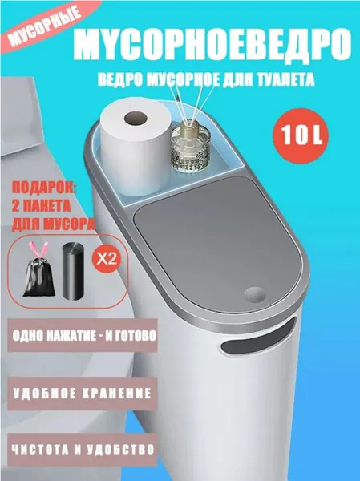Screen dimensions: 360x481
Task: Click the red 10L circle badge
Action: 301,135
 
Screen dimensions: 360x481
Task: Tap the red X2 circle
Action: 106,259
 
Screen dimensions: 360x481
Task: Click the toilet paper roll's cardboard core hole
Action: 136,118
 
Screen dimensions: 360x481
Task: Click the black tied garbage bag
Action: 38,277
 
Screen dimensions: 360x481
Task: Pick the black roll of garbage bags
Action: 73,271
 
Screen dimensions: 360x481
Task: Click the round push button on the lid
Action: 255,294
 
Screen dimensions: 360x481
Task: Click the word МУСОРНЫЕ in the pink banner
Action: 45,28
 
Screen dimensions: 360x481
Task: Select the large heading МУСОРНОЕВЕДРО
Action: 212,44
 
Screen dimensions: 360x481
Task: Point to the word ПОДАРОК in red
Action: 44,188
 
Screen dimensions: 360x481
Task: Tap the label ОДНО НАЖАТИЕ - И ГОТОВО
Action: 84,336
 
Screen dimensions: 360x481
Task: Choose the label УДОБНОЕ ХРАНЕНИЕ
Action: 83,394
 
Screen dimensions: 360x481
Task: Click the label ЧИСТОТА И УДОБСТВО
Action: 83,450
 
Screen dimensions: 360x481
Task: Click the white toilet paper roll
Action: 136,148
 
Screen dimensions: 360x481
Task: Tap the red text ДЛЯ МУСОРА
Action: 53,224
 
